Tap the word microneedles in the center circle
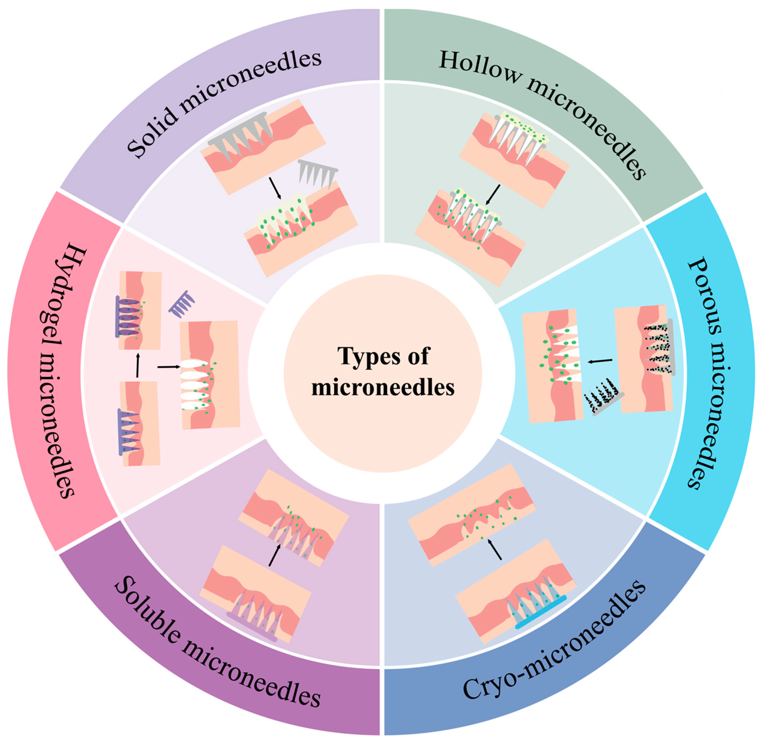[x=383, y=388]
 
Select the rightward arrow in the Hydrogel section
[x=169, y=366]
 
